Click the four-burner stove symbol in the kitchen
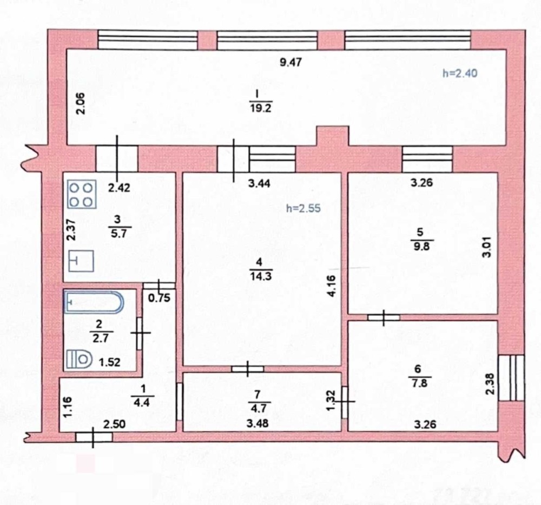point(82,195)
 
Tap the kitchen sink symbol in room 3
point(82,261)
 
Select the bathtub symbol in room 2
point(94,303)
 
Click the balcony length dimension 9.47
point(291,62)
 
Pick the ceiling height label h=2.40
point(460,73)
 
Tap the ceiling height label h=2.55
point(304,208)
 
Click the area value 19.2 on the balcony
point(261,108)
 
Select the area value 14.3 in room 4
point(261,276)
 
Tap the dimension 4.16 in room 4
point(331,286)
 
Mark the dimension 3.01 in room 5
point(486,247)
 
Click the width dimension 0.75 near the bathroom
point(159,298)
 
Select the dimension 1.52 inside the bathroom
point(110,362)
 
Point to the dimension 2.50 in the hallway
point(115,424)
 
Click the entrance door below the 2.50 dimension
point(94,437)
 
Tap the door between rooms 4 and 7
point(248,369)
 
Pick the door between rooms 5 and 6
point(384,317)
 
